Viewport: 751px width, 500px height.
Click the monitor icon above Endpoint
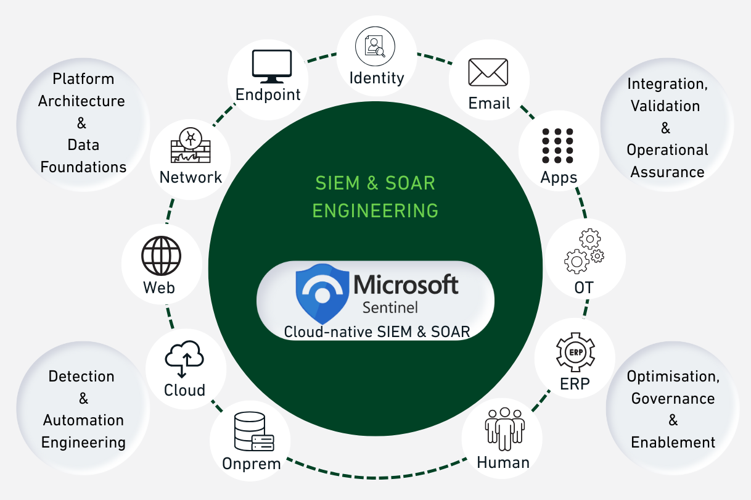(x=271, y=67)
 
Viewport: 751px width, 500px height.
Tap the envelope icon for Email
(x=488, y=73)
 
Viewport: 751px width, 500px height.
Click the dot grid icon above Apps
(x=557, y=146)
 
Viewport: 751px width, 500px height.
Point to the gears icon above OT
(x=583, y=251)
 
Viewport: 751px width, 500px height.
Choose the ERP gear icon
(x=575, y=352)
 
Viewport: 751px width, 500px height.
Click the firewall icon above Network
(x=190, y=146)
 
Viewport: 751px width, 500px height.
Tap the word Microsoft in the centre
(x=406, y=285)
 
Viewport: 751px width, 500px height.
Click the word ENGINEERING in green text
(x=375, y=210)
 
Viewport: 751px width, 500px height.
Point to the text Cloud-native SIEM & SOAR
(x=377, y=331)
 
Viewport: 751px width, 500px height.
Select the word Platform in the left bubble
(x=83, y=79)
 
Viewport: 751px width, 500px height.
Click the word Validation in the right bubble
(x=665, y=106)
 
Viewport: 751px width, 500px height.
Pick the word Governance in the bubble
(x=673, y=398)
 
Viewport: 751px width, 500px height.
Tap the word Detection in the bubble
(x=81, y=377)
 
